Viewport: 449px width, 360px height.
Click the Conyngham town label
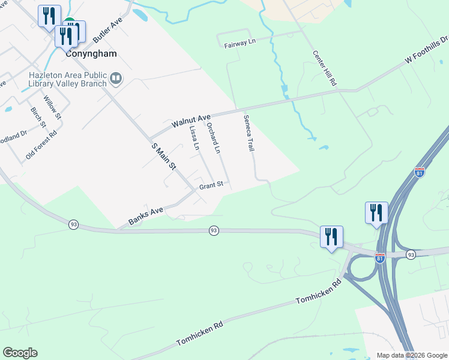[90, 53]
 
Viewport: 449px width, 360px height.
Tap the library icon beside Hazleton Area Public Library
[115, 79]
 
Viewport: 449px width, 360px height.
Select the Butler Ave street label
[107, 29]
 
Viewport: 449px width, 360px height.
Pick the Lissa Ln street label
[194, 137]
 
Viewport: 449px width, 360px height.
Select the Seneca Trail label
[249, 133]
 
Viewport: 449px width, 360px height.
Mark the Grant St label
[211, 185]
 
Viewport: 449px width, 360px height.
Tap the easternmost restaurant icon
[376, 213]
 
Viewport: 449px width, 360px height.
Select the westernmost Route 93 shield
[73, 224]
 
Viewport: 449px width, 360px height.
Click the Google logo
[20, 353]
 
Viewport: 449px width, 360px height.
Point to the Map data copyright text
[411, 355]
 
